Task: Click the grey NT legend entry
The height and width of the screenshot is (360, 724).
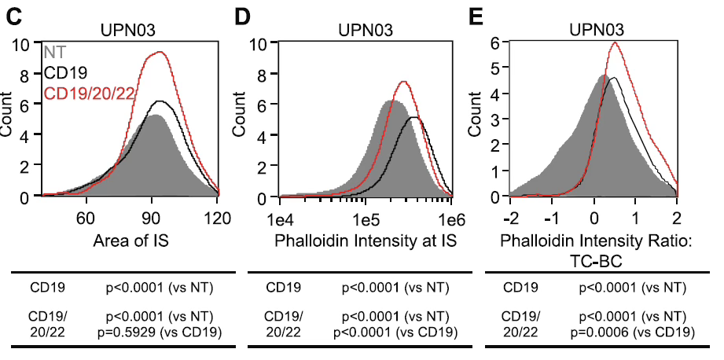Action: tap(55, 53)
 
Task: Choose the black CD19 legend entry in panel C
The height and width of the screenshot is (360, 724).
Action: tap(67, 74)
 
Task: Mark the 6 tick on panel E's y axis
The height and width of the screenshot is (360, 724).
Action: tap(495, 44)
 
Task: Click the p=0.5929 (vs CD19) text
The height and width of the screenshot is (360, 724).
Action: tap(158, 330)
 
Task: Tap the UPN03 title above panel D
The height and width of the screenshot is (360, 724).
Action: tap(366, 31)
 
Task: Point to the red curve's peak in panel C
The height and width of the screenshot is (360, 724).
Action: tap(160, 52)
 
